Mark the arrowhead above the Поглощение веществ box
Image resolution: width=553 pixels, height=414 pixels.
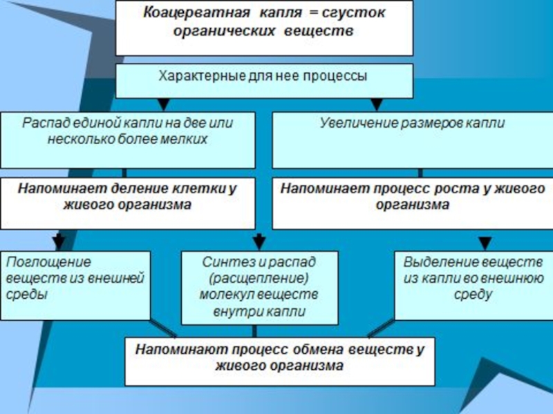pyautogui.click(x=59, y=242)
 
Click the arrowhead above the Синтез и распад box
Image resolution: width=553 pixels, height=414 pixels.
pyautogui.click(x=259, y=242)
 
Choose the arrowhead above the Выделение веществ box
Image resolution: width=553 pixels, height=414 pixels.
pyautogui.click(x=486, y=242)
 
